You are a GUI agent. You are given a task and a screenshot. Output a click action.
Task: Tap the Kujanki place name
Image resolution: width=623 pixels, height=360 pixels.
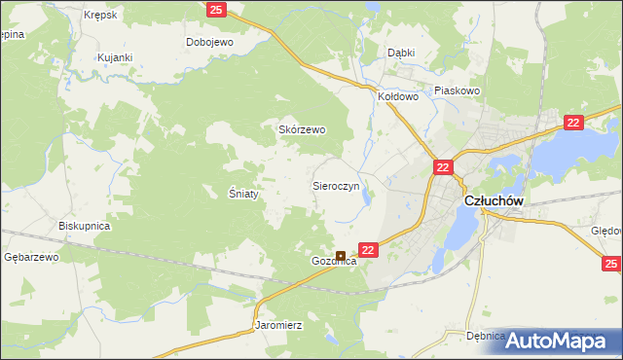click(x=114, y=58)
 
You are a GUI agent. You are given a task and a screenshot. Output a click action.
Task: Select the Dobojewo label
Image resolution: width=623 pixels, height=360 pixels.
click(x=209, y=43)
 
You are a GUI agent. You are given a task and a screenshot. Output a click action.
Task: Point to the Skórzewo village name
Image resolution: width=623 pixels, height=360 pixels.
click(x=302, y=129)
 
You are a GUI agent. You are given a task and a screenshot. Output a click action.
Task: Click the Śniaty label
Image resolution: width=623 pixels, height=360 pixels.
click(x=243, y=194)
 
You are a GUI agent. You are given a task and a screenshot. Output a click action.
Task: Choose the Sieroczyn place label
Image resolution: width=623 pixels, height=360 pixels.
click(x=336, y=184)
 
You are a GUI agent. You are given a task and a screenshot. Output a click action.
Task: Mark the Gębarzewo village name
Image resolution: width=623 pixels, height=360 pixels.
click(x=32, y=257)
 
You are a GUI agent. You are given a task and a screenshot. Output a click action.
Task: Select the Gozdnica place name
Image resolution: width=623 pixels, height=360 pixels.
click(x=334, y=262)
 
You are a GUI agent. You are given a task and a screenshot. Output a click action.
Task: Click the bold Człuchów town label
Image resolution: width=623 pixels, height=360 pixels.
click(x=494, y=201)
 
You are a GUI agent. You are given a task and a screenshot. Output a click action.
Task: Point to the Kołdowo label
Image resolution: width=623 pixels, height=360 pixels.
click(x=397, y=97)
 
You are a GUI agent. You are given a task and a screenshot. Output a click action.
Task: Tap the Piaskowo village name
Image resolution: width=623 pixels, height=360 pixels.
click(x=458, y=90)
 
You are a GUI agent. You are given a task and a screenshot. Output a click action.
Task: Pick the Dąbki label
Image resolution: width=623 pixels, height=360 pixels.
click(x=401, y=54)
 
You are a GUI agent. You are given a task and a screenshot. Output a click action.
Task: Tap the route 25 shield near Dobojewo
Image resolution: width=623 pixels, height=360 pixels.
click(x=217, y=9)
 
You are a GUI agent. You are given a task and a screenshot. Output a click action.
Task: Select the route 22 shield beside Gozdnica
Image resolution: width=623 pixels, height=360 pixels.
click(x=367, y=250)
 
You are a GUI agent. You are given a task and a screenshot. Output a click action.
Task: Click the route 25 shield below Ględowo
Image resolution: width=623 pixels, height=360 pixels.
click(x=610, y=264)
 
